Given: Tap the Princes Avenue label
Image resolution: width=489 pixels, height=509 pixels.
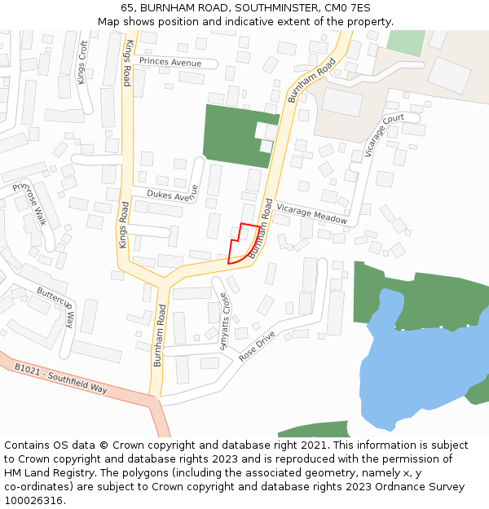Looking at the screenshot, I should [x=170, y=62].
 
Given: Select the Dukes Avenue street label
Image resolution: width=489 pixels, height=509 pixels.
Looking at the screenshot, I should [x=172, y=194].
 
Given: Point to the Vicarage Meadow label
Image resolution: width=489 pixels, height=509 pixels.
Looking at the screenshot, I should [x=311, y=214].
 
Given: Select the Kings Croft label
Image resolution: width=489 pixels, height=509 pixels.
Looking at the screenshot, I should [x=81, y=62].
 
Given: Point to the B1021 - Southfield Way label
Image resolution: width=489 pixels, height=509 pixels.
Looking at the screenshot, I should [x=61, y=378].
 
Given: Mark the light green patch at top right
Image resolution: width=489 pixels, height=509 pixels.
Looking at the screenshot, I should [x=405, y=42].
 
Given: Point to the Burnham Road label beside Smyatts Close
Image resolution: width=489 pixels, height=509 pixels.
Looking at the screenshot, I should [x=161, y=336].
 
